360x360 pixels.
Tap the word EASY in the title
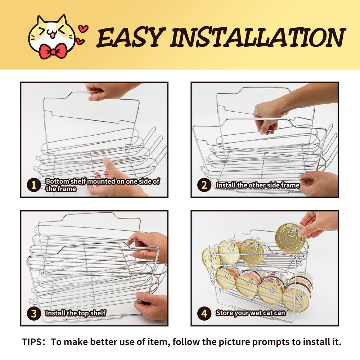coord(131,37)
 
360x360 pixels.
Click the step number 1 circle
coord(34,185)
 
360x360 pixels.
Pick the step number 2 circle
coord(204,185)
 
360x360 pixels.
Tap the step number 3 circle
coord(34,314)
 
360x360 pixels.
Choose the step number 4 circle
coord(204,314)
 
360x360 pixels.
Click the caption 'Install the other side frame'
coord(258,185)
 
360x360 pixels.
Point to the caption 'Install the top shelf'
coord(76,313)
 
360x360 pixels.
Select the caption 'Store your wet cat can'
coord(250,313)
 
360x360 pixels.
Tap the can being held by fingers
coord(290,238)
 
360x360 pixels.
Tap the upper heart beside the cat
coord(83,29)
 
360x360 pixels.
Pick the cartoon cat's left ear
coord(41,21)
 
